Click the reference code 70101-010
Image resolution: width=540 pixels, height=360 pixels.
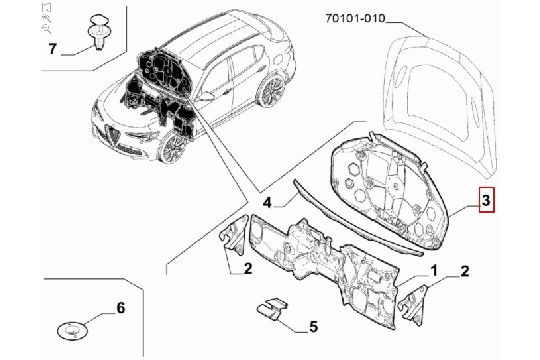(355, 18)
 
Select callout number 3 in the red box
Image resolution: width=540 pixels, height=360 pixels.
(486, 200)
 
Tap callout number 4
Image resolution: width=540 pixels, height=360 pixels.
(267, 203)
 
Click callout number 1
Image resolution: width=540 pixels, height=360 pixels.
(433, 270)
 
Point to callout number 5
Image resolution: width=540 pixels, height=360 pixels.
(313, 327)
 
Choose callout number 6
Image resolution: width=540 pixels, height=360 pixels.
(121, 308)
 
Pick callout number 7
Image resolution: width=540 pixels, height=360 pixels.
(52, 49)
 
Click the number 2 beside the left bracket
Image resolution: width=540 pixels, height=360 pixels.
(248, 268)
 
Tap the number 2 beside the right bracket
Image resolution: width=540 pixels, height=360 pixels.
(465, 271)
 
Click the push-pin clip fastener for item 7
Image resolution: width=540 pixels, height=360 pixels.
(97, 33)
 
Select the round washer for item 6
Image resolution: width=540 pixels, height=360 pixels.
(72, 331)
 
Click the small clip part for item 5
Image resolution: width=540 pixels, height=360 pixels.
(272, 309)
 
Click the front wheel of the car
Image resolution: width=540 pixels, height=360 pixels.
(172, 147)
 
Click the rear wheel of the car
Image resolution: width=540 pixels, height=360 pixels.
(272, 90)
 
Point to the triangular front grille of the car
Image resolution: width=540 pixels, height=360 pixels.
(112, 135)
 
